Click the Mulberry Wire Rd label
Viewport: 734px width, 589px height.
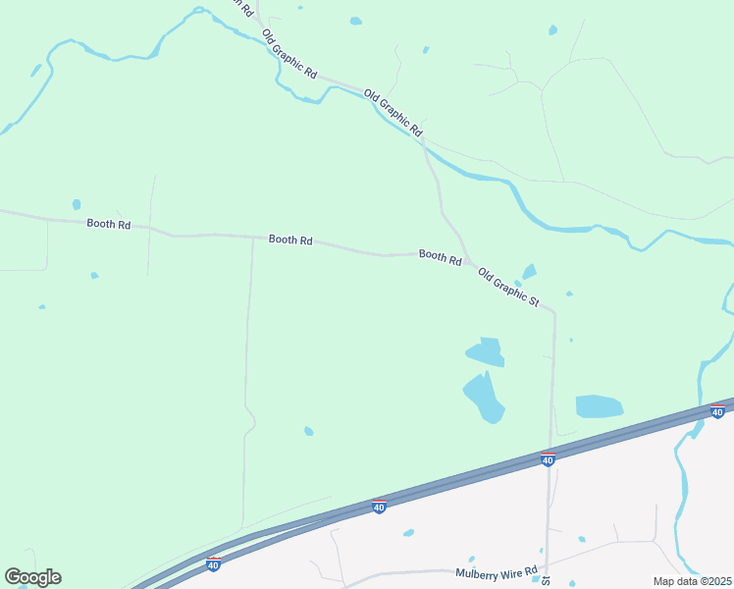pyautogui.click(x=497, y=572)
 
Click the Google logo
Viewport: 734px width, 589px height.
pyautogui.click(x=32, y=577)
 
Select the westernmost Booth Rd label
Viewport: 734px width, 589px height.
pyautogui.click(x=108, y=224)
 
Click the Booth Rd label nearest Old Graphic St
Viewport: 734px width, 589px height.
pyautogui.click(x=440, y=256)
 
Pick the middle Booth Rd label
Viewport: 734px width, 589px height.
pyautogui.click(x=290, y=240)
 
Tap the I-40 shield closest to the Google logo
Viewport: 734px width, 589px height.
pyautogui.click(x=213, y=563)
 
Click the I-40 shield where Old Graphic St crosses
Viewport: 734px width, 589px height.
pyautogui.click(x=548, y=458)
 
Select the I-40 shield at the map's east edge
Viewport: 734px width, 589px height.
pyautogui.click(x=717, y=411)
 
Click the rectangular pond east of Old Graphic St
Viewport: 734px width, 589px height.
pyautogui.click(x=599, y=405)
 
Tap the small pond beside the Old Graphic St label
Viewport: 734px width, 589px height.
pyautogui.click(x=530, y=271)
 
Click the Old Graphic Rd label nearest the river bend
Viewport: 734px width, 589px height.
pyautogui.click(x=393, y=113)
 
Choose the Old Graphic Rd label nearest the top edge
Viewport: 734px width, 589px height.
pyautogui.click(x=290, y=54)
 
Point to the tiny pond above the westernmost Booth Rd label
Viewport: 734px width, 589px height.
pyautogui.click(x=77, y=204)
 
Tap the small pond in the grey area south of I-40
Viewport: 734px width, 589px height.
pyautogui.click(x=408, y=533)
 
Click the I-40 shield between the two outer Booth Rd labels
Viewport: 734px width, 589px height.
pyautogui.click(x=379, y=507)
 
